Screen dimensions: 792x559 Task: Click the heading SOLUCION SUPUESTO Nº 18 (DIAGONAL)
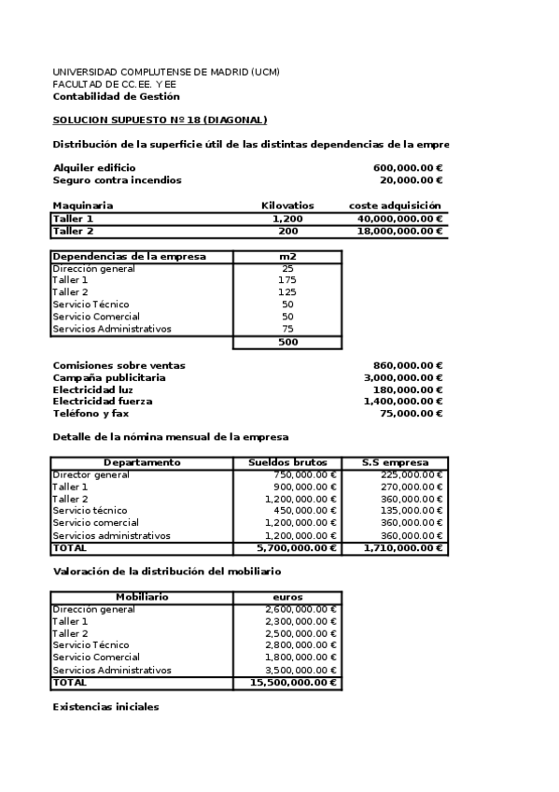click(160, 120)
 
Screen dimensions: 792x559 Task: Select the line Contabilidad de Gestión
click(116, 96)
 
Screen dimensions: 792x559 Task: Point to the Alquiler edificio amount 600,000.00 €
click(407, 167)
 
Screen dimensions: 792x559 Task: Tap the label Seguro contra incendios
click(117, 180)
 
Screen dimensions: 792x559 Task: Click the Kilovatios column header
click(287, 205)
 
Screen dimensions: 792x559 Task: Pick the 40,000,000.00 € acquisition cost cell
click(400, 219)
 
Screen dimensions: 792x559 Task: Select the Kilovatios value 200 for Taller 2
click(287, 231)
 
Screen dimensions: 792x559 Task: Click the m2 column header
click(287, 257)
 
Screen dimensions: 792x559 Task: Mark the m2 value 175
click(287, 280)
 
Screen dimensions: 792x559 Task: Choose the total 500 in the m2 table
click(287, 343)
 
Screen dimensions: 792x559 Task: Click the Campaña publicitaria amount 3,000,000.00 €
click(403, 377)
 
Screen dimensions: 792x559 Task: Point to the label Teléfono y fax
click(91, 413)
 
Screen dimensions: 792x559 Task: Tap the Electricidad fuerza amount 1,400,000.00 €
click(403, 401)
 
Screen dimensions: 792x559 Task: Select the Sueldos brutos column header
click(287, 462)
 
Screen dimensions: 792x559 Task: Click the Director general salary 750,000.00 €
click(300, 474)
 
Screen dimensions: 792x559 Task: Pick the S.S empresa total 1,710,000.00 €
click(404, 548)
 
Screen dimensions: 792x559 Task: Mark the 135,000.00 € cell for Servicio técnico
click(412, 511)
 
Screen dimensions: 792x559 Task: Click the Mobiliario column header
click(142, 597)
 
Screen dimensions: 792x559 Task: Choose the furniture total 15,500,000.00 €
click(294, 683)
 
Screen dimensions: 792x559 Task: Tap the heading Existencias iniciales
click(105, 707)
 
